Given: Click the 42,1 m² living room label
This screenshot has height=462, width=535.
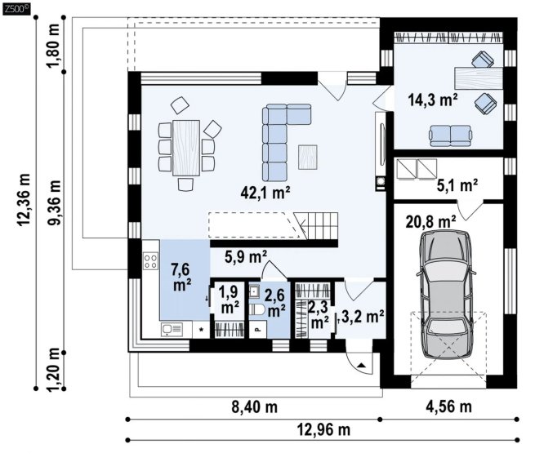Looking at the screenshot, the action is (x=265, y=193).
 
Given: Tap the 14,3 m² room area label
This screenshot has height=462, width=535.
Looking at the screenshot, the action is (x=433, y=100).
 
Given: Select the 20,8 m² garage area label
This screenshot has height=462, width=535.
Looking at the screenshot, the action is (x=430, y=222).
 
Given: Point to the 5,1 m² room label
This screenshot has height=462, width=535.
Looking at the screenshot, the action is (x=457, y=186).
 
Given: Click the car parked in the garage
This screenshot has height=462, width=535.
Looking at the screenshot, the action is (x=446, y=295).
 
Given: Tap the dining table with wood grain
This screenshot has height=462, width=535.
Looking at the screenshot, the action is (x=186, y=148).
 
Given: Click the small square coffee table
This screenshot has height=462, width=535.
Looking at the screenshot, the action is (x=308, y=157).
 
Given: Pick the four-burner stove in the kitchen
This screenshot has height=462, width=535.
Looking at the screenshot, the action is (x=150, y=261).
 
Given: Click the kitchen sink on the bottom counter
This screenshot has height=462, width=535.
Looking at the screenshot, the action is (x=172, y=329).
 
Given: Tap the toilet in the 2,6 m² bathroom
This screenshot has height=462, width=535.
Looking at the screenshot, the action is (x=256, y=310).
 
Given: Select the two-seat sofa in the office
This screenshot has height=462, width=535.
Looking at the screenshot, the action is (x=451, y=135).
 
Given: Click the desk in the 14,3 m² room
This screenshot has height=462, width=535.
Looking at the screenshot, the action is (x=479, y=78).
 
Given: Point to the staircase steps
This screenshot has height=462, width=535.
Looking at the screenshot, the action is (x=316, y=225).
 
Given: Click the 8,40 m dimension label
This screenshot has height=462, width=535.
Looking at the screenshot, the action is (x=255, y=407).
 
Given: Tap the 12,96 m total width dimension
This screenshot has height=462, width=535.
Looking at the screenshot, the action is (x=323, y=429).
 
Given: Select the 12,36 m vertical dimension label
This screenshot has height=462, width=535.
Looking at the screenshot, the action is (x=25, y=200).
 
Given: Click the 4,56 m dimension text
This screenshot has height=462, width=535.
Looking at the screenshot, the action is (x=448, y=406).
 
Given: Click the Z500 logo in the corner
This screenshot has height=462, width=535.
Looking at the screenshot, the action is (x=16, y=9).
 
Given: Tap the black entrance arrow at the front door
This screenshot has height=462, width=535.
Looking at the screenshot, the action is (x=362, y=366).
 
